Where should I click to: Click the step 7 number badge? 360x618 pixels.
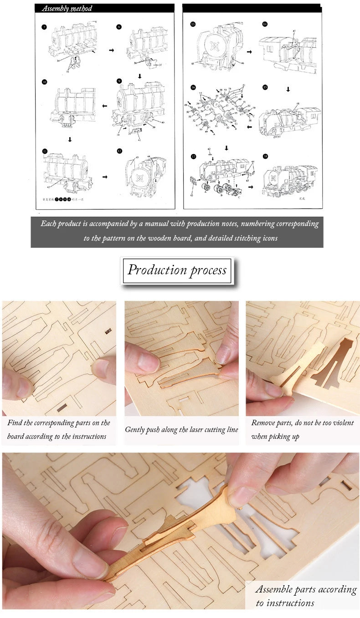click(44, 27)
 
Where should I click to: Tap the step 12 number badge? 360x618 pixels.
click(119, 151)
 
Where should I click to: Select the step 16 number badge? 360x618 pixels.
click(193, 87)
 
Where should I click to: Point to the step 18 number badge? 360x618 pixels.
click(265, 156)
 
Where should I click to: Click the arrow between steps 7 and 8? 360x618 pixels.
click(112, 50)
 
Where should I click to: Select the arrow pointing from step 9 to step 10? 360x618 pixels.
click(105, 106)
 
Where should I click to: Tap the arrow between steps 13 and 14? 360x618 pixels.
click(249, 52)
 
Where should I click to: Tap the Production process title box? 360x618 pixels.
click(177, 270)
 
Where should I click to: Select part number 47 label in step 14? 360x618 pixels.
click(294, 31)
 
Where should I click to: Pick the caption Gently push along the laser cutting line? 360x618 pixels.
click(181, 430)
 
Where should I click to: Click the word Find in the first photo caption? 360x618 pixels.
click(15, 423)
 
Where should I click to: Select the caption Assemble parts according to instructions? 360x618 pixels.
click(305, 596)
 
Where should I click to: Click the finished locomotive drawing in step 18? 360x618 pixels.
click(289, 180)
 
